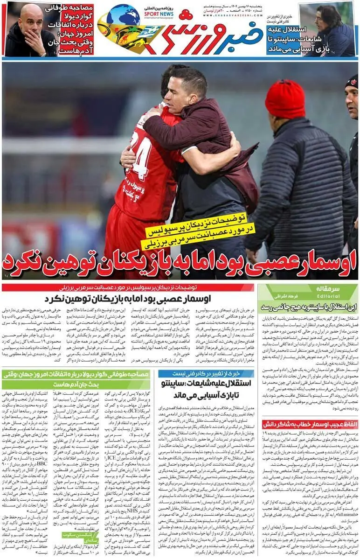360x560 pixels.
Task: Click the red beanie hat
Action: point(285,99)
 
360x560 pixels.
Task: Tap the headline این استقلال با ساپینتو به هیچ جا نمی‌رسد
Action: point(309,307)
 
